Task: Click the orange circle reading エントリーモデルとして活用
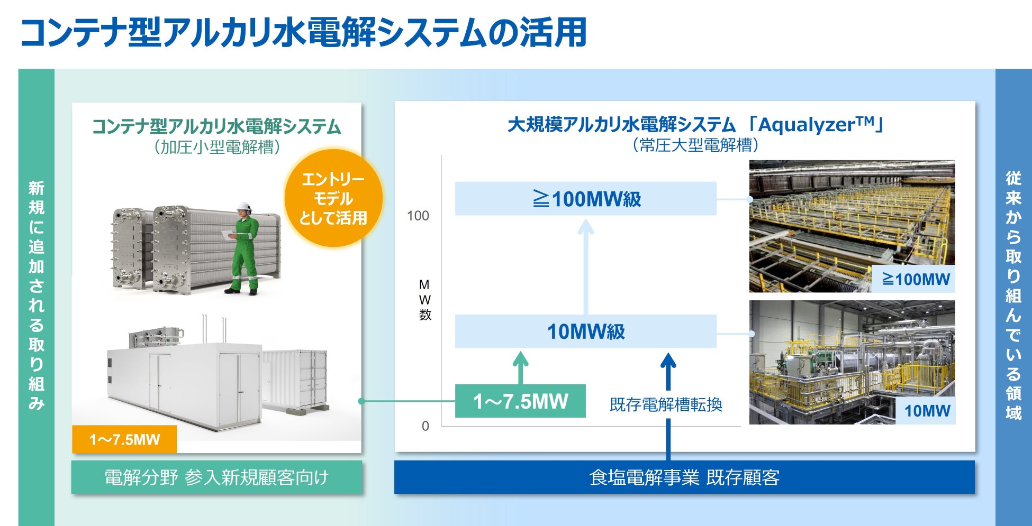click(333, 199)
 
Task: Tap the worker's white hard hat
click(244, 207)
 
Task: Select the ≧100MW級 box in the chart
click(585, 199)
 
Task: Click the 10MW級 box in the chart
click(585, 331)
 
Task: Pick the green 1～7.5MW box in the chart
click(520, 401)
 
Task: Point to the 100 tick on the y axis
click(418, 216)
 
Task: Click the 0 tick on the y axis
click(425, 426)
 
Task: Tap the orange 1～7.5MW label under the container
click(124, 439)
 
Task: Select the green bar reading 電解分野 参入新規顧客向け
click(216, 477)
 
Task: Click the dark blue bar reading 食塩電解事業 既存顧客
click(684, 477)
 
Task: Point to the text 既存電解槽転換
click(666, 404)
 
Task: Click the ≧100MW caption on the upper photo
click(916, 279)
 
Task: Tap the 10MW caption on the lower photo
click(927, 411)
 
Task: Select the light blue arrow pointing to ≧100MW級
click(585, 264)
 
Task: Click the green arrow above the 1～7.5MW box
click(521, 367)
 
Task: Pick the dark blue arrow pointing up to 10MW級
click(668, 370)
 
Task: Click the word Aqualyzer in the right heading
click(807, 125)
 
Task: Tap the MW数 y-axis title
click(424, 300)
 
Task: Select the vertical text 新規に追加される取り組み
click(36, 296)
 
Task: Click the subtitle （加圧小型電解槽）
click(216, 147)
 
